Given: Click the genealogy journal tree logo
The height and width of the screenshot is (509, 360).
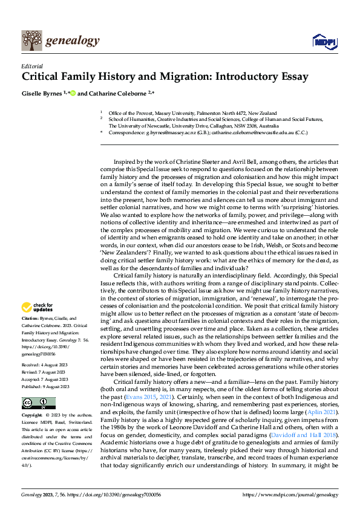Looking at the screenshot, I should pos(31,41).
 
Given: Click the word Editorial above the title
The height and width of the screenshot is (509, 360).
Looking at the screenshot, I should pos(31,66).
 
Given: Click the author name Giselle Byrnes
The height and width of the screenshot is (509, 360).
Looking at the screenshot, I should pos(43,93).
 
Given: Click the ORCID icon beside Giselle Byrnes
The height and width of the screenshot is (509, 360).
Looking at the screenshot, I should pos(73,93).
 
